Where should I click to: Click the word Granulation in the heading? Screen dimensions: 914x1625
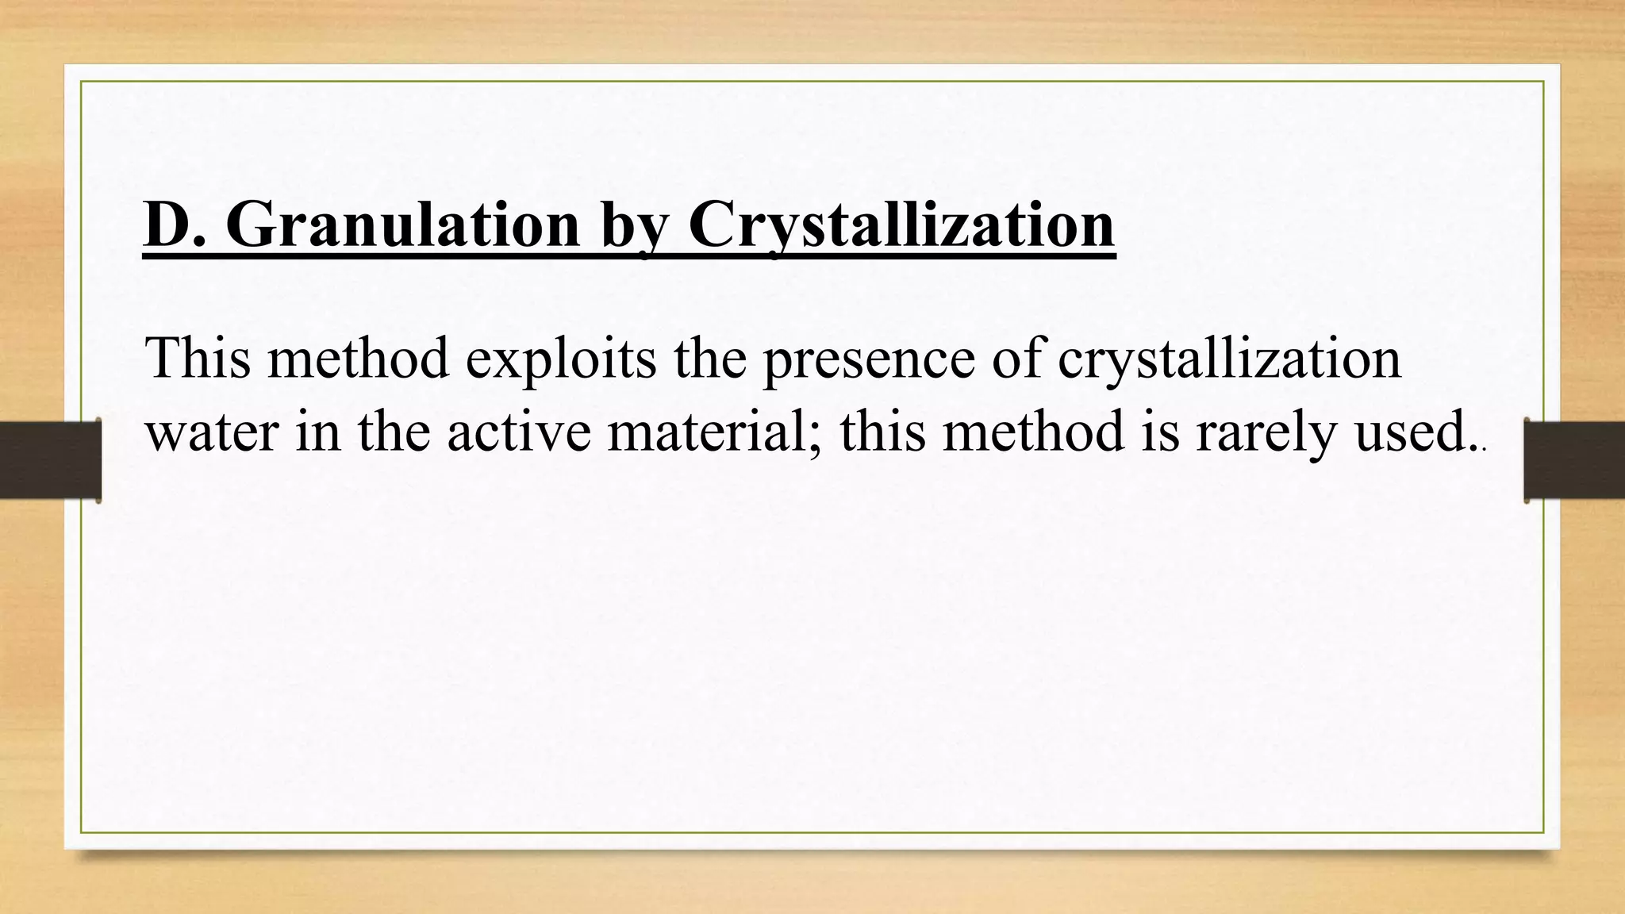click(403, 225)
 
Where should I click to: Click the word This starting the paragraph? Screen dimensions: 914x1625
click(198, 359)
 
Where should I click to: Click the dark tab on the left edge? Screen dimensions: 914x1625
click(50, 461)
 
